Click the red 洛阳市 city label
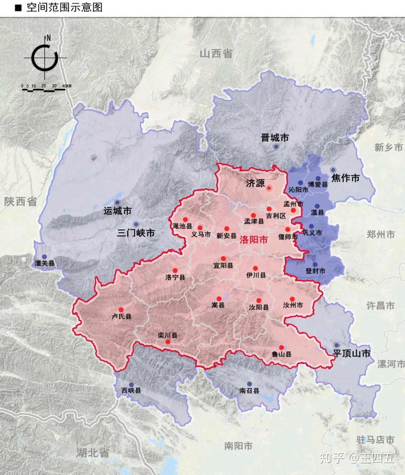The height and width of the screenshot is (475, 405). (254, 240)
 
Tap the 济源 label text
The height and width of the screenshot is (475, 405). (255, 183)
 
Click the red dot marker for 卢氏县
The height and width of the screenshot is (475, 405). (121, 310)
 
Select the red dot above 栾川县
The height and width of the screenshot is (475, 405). (168, 342)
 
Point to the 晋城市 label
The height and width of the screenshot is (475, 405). (275, 138)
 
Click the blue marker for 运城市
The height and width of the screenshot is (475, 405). (117, 202)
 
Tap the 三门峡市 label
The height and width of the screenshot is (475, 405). (136, 233)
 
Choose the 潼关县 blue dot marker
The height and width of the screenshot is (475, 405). (45, 256)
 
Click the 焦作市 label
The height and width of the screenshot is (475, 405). (345, 178)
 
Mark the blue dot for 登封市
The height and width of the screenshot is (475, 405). (315, 264)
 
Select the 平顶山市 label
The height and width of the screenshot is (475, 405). (351, 353)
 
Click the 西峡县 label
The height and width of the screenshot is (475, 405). (131, 391)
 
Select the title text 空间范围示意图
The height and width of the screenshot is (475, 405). (64, 7)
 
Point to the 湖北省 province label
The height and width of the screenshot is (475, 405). (92, 452)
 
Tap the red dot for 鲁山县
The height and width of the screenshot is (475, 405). (281, 348)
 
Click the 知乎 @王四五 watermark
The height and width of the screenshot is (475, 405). (357, 458)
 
